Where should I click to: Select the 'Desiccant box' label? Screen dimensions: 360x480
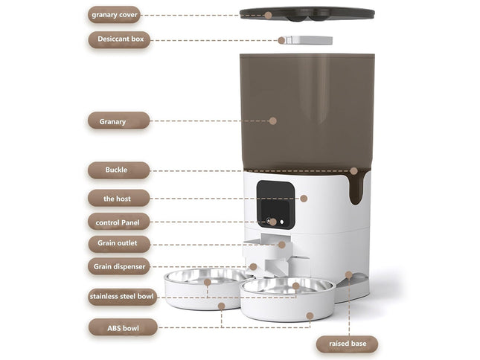click(x=119, y=40)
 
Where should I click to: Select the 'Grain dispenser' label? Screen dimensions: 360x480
click(x=118, y=266)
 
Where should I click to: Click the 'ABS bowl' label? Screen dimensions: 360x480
click(x=122, y=327)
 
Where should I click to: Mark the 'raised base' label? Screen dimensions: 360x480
click(x=348, y=344)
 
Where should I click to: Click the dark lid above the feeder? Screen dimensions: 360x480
click(x=307, y=13)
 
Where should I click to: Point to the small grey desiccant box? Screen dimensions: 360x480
click(x=306, y=39)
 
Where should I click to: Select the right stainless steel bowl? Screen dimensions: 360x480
click(x=287, y=287)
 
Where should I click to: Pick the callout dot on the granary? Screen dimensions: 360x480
click(x=272, y=120)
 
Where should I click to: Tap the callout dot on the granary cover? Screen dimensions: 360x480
click(x=266, y=14)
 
